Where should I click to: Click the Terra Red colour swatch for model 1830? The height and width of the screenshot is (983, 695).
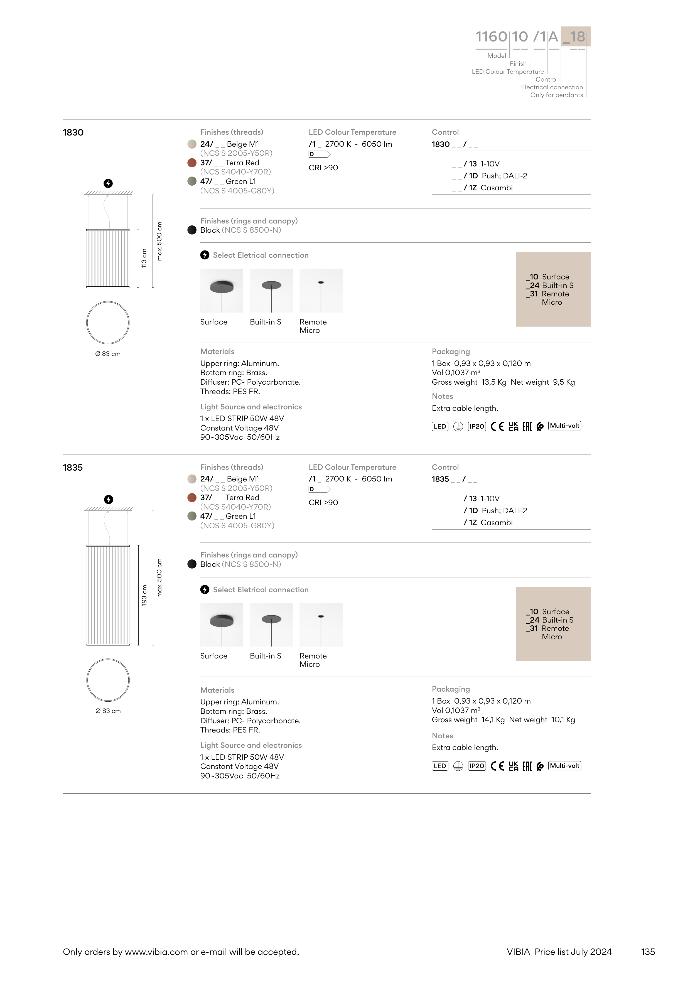point(192,163)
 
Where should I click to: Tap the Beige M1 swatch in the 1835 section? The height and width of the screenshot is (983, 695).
point(192,479)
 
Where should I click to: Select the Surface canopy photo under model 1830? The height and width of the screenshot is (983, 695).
point(221,291)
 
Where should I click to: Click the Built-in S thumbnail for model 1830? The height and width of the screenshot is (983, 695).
point(271,291)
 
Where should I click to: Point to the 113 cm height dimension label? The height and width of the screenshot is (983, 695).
point(144,258)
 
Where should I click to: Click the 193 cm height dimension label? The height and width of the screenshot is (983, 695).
point(144,595)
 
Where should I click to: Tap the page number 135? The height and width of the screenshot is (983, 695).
point(648,952)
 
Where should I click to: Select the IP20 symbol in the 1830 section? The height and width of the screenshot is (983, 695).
point(477,426)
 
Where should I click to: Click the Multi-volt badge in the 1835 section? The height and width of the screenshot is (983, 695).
point(564,766)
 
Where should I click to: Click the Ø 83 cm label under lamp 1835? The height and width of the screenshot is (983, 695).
point(108,711)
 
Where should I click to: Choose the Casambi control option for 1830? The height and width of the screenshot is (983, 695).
point(496,188)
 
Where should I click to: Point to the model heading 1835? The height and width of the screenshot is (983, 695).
point(73,468)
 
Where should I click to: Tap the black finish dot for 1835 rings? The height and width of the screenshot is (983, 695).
point(192,564)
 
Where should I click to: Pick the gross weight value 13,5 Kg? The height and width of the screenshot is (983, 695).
point(494,382)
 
